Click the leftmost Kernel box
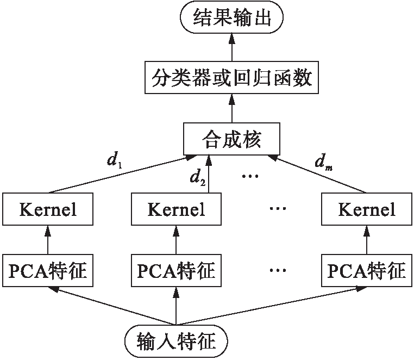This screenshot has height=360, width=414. (47, 209)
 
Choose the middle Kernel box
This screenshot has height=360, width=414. (177, 209)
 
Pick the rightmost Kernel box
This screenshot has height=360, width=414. (366, 209)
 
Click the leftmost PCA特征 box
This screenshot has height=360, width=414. (47, 270)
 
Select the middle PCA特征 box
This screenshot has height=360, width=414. (177, 270)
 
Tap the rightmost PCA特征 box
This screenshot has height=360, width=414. (366, 270)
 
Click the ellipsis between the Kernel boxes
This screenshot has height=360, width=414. (278, 209)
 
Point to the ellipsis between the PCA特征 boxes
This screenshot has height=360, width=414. (278, 270)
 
